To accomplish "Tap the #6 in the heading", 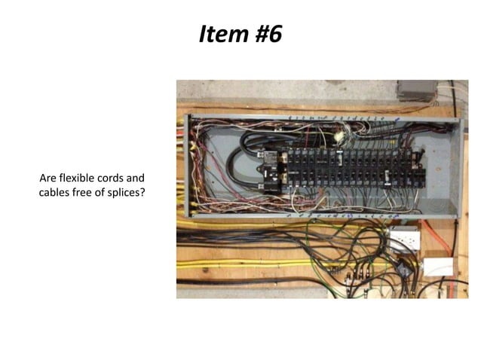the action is [268, 33].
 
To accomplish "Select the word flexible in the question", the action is [77, 178].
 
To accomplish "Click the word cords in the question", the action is [109, 178].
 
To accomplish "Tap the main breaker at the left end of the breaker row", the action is [269, 172].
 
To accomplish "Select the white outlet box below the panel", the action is [403, 239].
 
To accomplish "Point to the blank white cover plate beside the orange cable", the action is [438, 267].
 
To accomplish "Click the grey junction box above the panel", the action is [416, 90].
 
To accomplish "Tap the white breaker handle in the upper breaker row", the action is [340, 158].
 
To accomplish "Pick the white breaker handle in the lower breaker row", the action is [388, 178].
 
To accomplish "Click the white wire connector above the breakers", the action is [339, 137].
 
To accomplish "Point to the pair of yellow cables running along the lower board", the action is [246, 264].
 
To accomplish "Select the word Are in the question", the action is [47, 178].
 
